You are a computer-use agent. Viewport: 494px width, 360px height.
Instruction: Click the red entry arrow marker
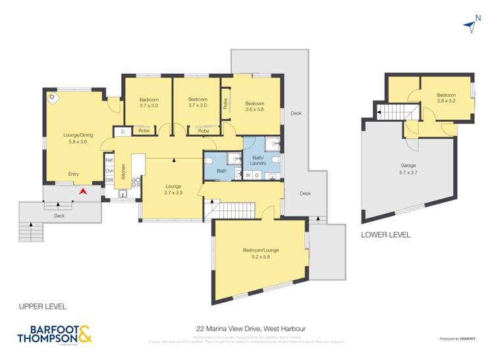(x=82, y=192)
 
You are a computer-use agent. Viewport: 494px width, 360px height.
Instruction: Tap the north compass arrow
(x=470, y=25)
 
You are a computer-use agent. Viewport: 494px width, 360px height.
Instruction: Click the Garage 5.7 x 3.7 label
(x=409, y=169)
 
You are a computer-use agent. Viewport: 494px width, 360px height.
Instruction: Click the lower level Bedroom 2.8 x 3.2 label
(x=446, y=99)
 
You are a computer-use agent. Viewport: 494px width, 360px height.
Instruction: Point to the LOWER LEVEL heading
(x=385, y=234)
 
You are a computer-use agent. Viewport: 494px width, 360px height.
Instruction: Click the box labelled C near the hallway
(x=123, y=132)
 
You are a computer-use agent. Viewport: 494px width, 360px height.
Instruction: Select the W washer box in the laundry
(x=248, y=175)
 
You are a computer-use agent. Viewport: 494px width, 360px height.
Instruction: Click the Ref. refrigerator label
(x=109, y=160)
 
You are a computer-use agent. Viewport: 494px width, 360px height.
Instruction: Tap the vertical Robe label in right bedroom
(x=225, y=103)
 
